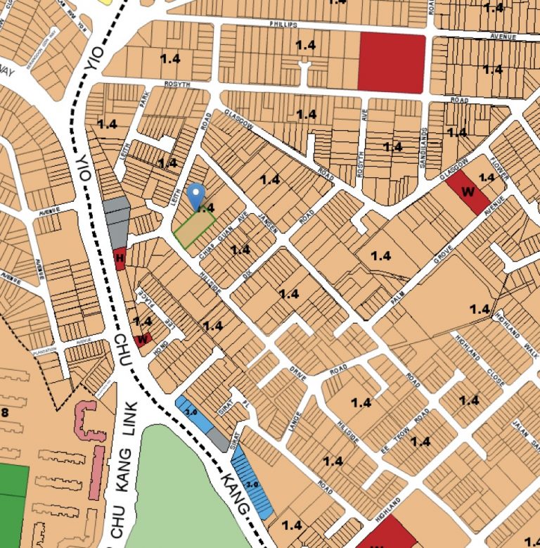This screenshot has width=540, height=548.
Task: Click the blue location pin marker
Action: click(197, 194)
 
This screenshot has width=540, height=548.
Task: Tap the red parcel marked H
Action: click(120, 259)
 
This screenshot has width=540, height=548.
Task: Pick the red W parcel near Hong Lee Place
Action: click(143, 339)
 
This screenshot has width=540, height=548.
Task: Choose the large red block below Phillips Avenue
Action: click(392, 63)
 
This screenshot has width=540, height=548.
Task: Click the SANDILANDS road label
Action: click(425, 144)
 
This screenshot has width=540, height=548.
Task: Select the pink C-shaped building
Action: click(89, 421)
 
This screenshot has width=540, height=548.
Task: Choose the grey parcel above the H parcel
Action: click(117, 219)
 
